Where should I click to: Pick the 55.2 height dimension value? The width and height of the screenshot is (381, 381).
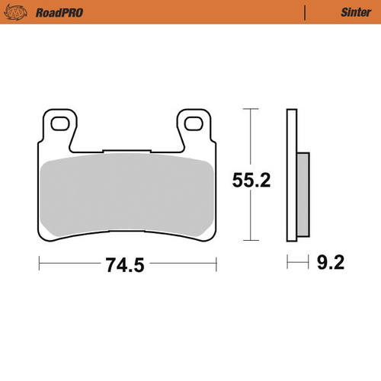coord(252,180)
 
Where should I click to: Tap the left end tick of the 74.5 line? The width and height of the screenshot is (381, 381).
coord(40,264)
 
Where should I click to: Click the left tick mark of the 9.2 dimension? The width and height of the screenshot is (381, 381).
coord(288,264)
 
